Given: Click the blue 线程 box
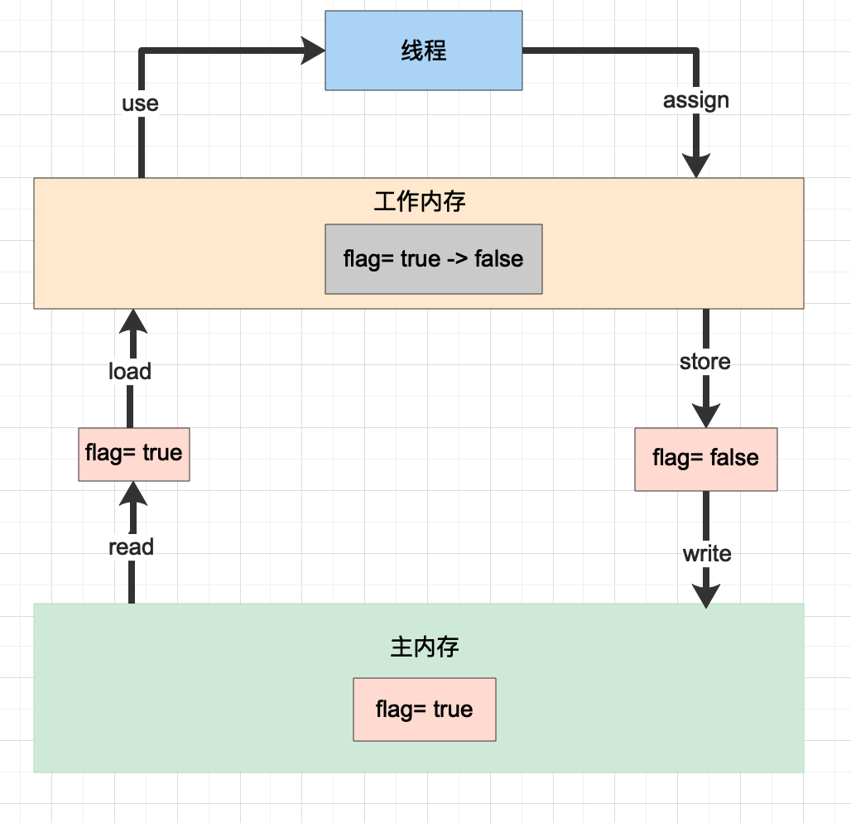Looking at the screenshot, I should click(423, 51).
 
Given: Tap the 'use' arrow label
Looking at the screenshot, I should click(140, 103).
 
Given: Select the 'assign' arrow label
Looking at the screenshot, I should click(695, 100).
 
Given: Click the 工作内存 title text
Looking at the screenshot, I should click(419, 201).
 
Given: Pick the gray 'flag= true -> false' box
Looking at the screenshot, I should click(433, 258).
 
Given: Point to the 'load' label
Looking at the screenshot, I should click(130, 371).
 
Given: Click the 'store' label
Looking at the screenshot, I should click(704, 362).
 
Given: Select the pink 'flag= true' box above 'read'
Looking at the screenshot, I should click(133, 454).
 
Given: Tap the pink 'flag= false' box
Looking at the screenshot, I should click(705, 459).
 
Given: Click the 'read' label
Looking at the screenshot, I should click(131, 546).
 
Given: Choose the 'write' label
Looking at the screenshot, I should click(706, 553).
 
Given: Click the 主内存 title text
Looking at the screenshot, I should click(424, 647).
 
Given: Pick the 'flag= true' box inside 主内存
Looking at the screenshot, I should click(424, 710).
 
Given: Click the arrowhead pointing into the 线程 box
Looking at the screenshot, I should click(313, 51).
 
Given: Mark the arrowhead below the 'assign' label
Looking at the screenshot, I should click(696, 164).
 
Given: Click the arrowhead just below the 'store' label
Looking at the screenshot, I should click(705, 413).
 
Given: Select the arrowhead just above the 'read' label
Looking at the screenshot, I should click(132, 495).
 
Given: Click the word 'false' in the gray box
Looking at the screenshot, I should click(498, 258).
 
